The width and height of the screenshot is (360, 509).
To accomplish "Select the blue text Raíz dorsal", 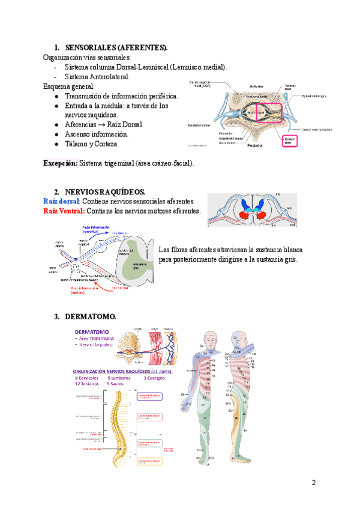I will pyautogui.click(x=61, y=200).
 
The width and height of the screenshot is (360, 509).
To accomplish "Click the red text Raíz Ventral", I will pyautogui.click(x=64, y=211).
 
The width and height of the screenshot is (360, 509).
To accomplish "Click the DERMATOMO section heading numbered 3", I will pyautogui.click(x=90, y=316).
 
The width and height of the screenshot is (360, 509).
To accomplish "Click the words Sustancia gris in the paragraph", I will pyautogui.click(x=275, y=259).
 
